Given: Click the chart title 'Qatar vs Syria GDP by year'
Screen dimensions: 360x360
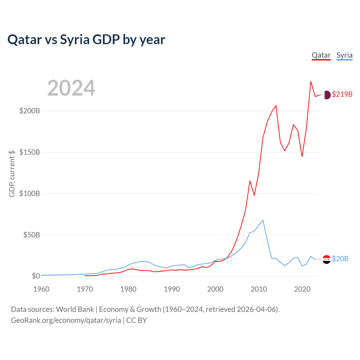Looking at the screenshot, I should click(x=86, y=39).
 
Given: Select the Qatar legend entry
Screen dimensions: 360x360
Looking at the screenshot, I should click(x=321, y=55).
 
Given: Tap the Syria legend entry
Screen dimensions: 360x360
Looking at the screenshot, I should click(x=344, y=55).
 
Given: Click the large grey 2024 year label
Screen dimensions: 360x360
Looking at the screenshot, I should click(x=71, y=88).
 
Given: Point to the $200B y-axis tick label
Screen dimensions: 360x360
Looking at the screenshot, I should click(x=30, y=111).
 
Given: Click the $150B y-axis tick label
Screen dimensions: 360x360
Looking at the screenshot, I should click(x=30, y=152).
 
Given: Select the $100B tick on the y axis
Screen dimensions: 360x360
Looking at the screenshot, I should click(x=30, y=193).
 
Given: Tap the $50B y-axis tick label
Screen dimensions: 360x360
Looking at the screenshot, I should click(x=31, y=235).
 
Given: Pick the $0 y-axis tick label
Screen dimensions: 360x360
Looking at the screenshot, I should click(x=36, y=276).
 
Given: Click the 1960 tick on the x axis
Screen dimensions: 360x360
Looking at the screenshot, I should click(x=41, y=289).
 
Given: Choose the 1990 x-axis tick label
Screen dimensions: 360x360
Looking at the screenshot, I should click(x=172, y=289).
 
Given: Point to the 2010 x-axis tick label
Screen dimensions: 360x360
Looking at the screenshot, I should click(x=259, y=289).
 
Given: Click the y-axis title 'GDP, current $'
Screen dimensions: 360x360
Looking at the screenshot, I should click(x=12, y=174).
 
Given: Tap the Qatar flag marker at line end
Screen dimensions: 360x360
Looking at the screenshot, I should click(x=327, y=95).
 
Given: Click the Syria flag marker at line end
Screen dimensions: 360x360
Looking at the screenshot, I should click(x=327, y=259).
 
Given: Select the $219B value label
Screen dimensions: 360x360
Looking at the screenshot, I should click(x=342, y=94).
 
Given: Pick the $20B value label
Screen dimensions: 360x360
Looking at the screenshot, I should click(x=340, y=259).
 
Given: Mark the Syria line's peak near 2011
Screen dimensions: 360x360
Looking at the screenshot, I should click(x=263, y=220).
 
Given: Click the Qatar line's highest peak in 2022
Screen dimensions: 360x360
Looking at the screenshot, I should click(x=311, y=82).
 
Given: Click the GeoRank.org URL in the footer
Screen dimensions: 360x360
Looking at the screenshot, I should click(x=66, y=320).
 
